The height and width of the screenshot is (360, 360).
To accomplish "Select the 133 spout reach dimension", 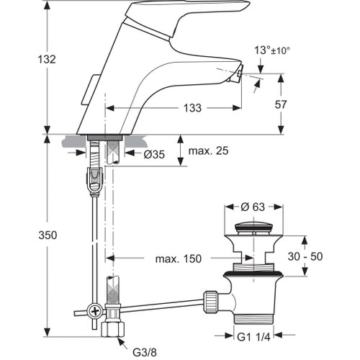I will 191,108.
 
